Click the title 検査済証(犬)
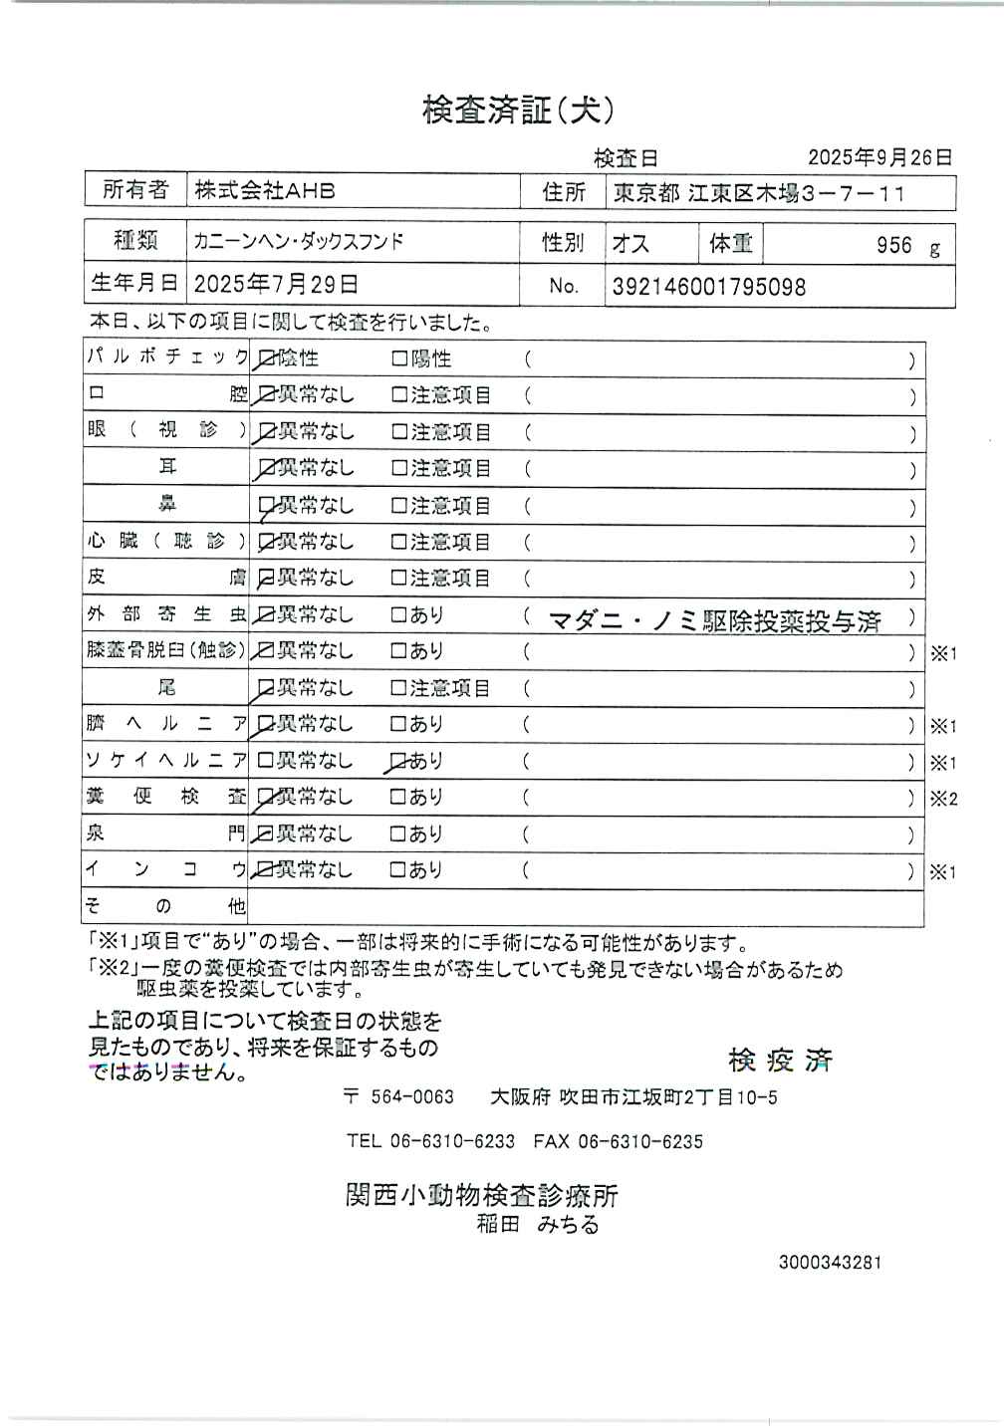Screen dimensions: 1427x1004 (x=517, y=110)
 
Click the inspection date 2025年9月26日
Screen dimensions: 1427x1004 (x=879, y=157)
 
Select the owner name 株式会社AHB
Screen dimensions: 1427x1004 (x=264, y=191)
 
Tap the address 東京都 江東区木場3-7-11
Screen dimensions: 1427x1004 (x=759, y=193)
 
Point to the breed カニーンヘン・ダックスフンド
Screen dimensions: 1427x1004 (x=299, y=242)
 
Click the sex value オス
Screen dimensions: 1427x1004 (x=630, y=244)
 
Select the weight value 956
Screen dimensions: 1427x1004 (x=893, y=245)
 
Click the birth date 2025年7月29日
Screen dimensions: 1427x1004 (x=276, y=285)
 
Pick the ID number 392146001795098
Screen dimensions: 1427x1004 (x=708, y=287)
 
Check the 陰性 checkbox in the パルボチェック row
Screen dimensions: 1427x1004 (x=265, y=358)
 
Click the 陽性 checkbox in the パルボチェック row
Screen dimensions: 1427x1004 (x=399, y=358)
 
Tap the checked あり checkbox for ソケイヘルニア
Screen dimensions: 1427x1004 (x=398, y=761)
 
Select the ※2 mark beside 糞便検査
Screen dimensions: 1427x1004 (x=942, y=799)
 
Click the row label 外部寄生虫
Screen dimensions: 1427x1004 (x=165, y=614)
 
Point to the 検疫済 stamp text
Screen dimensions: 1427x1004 (x=780, y=1061)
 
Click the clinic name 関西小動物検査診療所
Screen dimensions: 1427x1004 (x=482, y=1195)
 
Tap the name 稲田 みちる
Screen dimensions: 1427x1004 (x=538, y=1225)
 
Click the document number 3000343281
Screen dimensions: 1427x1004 (x=830, y=1263)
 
